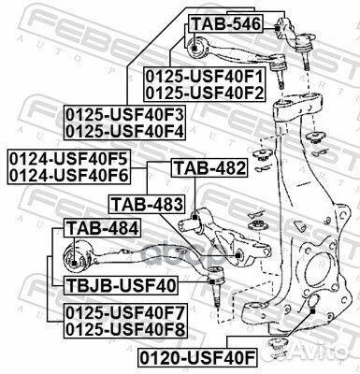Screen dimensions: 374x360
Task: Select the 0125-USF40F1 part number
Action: point(204,75)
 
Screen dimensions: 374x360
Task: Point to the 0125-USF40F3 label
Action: point(125,114)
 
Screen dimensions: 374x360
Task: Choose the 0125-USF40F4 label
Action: point(125,130)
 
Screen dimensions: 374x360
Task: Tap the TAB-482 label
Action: point(209,169)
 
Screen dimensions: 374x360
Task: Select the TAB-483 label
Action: point(145,203)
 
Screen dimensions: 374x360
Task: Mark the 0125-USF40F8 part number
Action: point(125,329)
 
